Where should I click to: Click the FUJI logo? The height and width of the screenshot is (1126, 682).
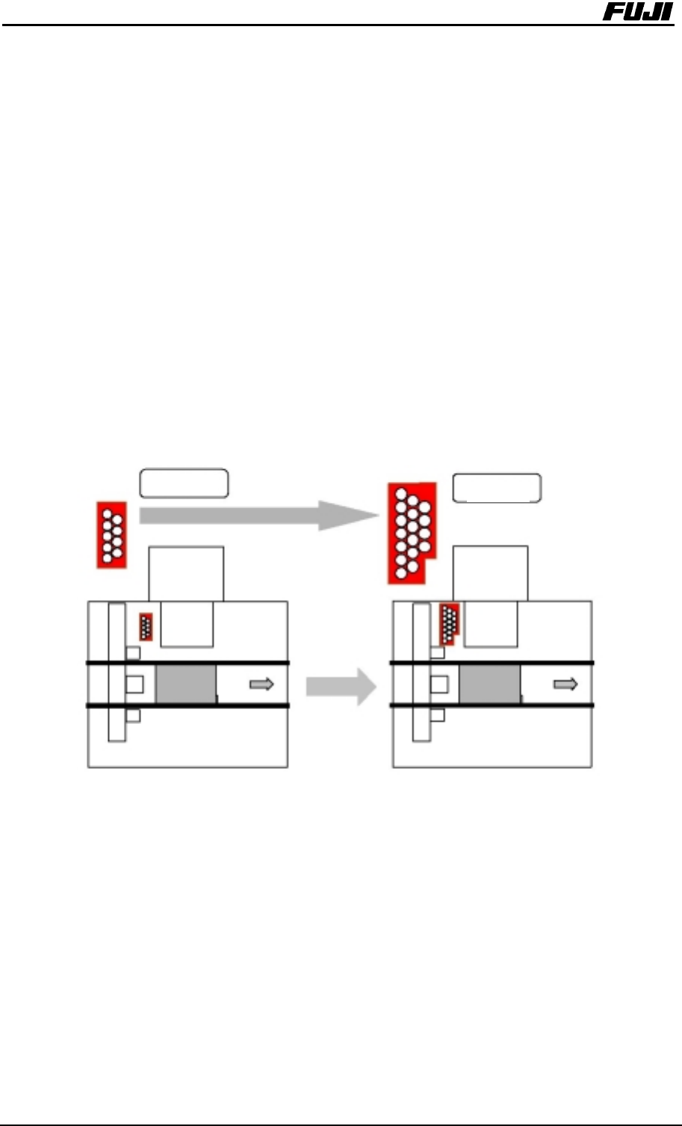[637, 13]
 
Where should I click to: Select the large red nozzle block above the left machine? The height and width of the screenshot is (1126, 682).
[111, 535]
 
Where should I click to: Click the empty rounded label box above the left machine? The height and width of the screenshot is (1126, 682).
[184, 483]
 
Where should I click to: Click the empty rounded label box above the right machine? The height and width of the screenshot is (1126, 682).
[497, 488]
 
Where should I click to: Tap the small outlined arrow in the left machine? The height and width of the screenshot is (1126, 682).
[261, 684]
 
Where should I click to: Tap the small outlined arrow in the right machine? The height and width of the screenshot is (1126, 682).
[565, 684]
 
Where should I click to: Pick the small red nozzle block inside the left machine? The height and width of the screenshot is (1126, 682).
[146, 626]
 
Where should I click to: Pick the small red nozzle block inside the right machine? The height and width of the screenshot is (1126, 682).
[448, 623]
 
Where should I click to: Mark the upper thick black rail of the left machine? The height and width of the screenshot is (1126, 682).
[187, 663]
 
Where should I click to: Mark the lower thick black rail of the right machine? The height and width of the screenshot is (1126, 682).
[492, 705]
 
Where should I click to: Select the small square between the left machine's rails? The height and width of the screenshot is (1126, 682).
[135, 684]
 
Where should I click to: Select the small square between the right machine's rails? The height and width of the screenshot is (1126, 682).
[438, 684]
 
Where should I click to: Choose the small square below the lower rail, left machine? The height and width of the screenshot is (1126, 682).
[133, 716]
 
